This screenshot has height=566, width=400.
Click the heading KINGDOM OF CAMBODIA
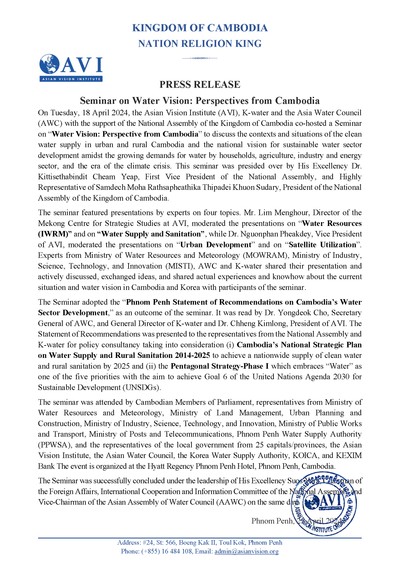[x=200, y=28]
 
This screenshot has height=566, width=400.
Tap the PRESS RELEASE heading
[x=200, y=85]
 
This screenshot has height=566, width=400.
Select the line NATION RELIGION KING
[x=200, y=44]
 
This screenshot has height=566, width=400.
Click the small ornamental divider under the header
[x=200, y=58]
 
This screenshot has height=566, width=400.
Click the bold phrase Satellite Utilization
[x=322, y=245]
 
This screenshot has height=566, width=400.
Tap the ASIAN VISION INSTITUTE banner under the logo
[x=71, y=79]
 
